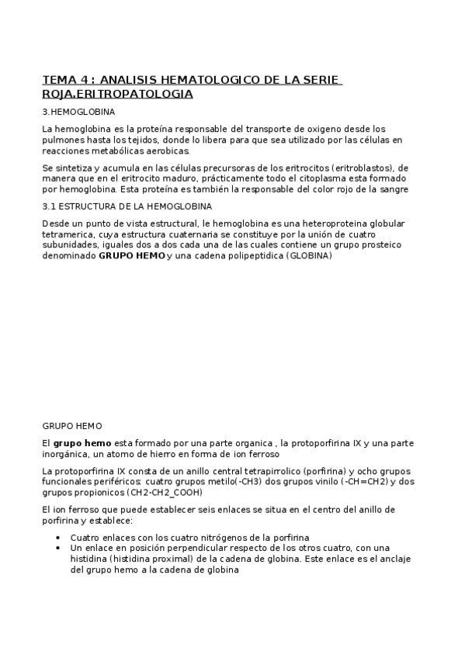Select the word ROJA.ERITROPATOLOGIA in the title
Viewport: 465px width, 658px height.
point(117,94)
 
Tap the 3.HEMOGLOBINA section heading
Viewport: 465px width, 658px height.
point(77,113)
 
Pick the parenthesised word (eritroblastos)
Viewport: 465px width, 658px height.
point(349,168)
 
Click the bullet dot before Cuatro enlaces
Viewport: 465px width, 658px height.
point(61,537)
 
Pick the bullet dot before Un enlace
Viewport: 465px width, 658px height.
point(61,547)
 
